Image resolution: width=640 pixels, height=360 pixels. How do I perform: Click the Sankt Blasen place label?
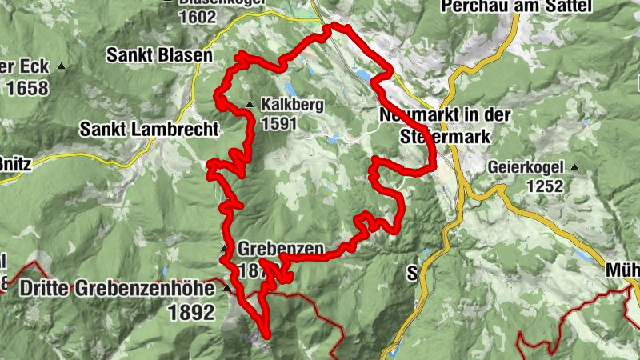160,56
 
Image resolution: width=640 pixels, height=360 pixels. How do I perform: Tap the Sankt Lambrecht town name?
149,129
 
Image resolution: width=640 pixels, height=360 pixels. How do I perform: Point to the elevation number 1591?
278,123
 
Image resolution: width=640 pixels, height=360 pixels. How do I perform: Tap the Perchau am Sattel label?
515,7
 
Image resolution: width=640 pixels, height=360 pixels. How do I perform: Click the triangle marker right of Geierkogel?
574,168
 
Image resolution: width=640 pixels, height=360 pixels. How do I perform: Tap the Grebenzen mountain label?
281,250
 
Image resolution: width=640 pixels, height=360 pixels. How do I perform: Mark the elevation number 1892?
191,312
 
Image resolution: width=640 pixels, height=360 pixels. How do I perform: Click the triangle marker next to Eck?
61,66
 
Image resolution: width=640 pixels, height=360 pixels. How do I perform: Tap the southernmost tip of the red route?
266,336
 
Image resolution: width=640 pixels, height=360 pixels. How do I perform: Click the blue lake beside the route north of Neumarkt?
364,75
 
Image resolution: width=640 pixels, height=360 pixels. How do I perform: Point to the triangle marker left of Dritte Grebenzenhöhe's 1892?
226,288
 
